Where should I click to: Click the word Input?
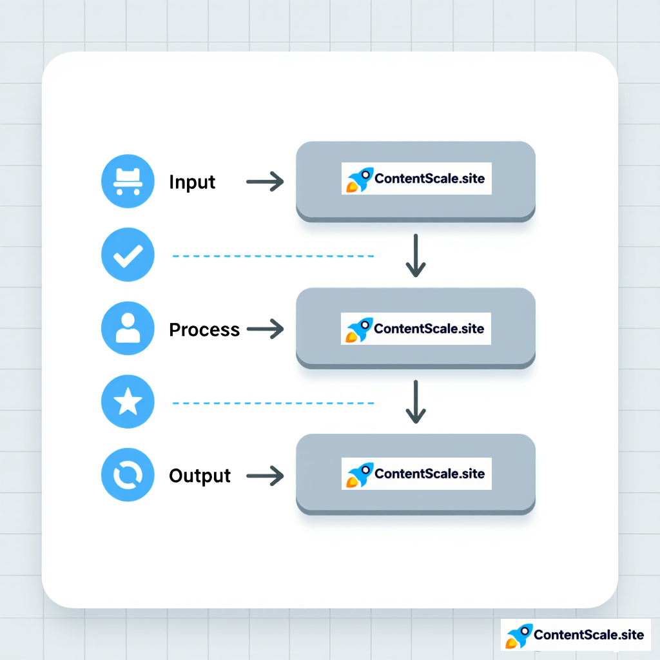pos(192,182)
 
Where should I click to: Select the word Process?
pos(204,330)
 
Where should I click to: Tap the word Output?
pos(200,476)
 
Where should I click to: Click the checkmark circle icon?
pos(128,256)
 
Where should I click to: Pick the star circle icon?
pos(128,403)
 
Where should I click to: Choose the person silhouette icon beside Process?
pos(128,328)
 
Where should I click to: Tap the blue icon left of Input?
pos(128,182)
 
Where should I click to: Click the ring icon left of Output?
pos(128,476)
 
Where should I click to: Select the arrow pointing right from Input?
pos(265,182)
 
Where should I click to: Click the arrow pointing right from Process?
pos(265,329)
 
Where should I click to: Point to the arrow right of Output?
pos(265,476)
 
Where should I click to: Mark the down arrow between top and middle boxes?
pos(416,255)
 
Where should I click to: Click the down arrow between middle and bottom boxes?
pos(416,402)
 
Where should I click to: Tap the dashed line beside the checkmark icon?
pos(273,257)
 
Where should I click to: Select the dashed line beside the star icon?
pos(273,403)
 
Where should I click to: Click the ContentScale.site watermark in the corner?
pos(576,635)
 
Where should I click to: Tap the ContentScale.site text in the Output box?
pos(429,474)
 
